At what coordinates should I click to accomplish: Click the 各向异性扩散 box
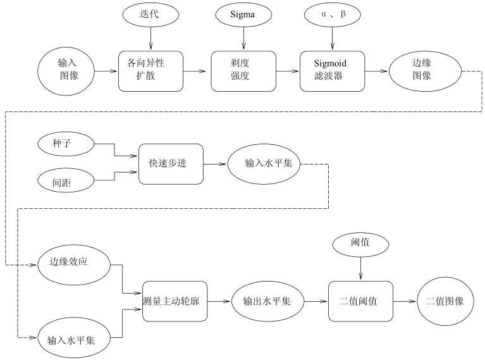(150, 71)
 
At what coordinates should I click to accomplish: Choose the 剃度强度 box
(242, 71)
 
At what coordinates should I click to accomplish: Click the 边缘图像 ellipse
(422, 71)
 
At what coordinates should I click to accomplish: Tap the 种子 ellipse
(66, 145)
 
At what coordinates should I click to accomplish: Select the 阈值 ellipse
(360, 244)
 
